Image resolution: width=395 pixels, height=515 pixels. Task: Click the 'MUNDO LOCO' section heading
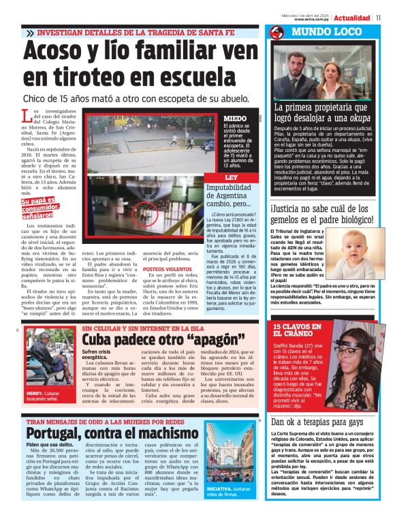click(x=319, y=32)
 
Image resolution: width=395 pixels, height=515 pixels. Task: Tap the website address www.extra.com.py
click(x=306, y=19)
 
